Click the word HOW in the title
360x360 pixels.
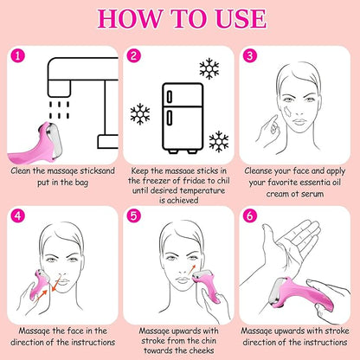coord(129,19)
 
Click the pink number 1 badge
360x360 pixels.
coord(18,56)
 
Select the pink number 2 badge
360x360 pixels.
coord(133,56)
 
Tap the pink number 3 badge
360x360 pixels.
coord(250,56)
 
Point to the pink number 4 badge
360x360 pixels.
coord(18,215)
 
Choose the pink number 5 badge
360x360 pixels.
coord(133,215)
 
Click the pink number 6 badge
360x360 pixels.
coord(250,215)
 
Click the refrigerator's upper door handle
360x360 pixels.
coord(170,97)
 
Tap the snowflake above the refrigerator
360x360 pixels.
coord(209,68)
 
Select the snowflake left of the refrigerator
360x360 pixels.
coord(140,114)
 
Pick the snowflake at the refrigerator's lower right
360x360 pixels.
coord(219,142)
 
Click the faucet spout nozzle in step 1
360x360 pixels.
coord(59,88)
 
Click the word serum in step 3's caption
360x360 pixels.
coord(312,194)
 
